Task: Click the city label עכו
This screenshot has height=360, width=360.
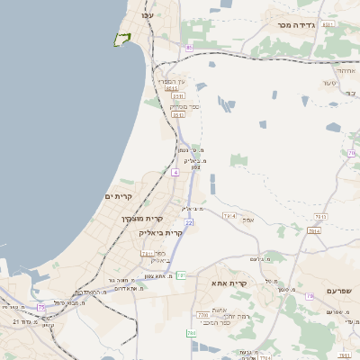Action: (x=148, y=15)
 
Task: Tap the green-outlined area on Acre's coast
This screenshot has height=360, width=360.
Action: (x=121, y=39)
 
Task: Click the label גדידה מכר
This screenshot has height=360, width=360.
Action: (x=296, y=25)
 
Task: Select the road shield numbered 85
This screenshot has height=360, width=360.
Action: (x=189, y=48)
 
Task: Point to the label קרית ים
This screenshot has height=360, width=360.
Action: (x=119, y=196)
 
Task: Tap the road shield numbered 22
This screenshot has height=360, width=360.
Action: (x=189, y=221)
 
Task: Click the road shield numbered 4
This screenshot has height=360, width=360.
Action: (x=175, y=171)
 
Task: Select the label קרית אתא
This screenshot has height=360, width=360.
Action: (x=229, y=283)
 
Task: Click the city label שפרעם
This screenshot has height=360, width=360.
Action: (x=340, y=290)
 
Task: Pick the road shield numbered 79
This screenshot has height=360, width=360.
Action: (x=310, y=296)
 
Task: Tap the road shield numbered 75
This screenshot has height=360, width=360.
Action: (x=41, y=307)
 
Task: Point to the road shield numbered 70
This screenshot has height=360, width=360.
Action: (x=351, y=153)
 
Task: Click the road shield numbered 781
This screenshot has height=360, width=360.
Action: (x=181, y=274)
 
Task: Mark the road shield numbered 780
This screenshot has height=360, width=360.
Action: (x=202, y=315)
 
